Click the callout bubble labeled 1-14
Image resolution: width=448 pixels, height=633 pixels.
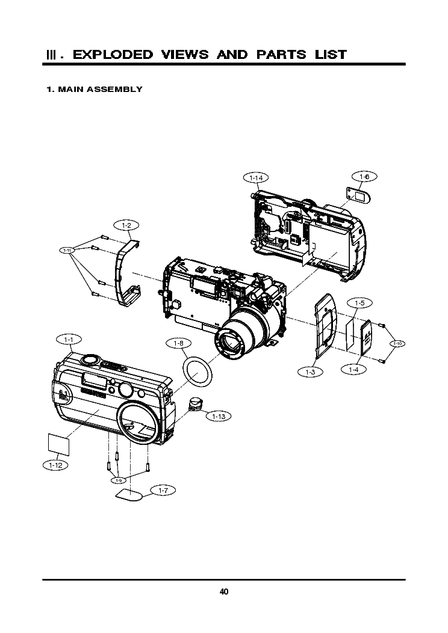(256, 177)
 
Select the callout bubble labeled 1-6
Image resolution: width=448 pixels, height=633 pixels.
(364, 177)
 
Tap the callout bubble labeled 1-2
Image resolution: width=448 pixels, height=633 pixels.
(126, 225)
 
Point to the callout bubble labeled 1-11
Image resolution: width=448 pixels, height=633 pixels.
(69, 249)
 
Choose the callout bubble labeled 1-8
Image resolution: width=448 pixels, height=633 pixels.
(178, 343)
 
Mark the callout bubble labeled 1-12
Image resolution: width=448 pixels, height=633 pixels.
(55, 465)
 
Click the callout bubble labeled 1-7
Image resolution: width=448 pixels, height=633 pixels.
(163, 491)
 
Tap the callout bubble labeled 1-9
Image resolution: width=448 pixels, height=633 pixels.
(119, 480)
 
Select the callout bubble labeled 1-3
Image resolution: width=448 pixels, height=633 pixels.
(310, 373)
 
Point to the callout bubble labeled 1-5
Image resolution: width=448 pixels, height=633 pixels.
(359, 302)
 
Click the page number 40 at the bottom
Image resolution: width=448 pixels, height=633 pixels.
(224, 592)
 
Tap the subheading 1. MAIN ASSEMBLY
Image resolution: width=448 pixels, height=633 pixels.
(95, 90)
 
